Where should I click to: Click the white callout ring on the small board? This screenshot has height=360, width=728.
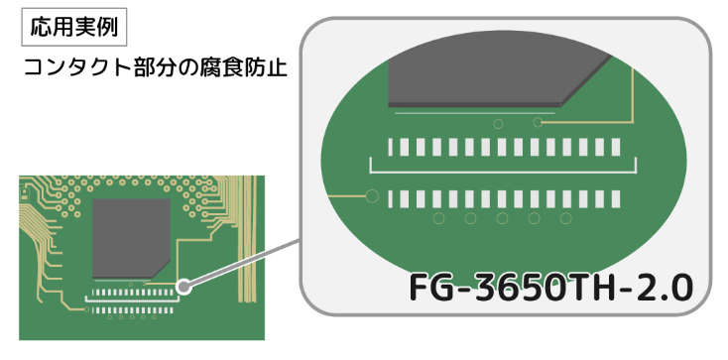(183, 288)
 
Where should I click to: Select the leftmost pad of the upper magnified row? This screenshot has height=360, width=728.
(393, 148)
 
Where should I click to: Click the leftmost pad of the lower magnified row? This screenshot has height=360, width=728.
(393, 198)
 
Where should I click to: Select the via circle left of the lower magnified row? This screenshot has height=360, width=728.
(372, 196)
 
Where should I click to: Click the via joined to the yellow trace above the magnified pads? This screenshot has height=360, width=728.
(538, 122)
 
